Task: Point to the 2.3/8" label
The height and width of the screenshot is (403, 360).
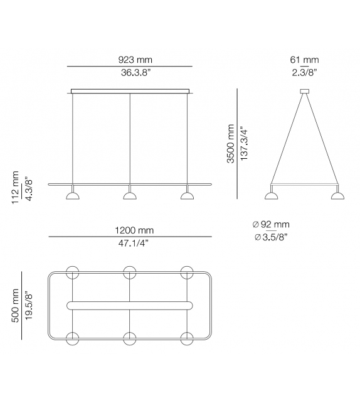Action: pos(305,73)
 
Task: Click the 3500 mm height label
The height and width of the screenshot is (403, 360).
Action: pos(231,144)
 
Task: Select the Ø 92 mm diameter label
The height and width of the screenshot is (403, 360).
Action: pos(271,225)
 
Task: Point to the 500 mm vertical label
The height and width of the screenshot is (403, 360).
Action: pos(14,306)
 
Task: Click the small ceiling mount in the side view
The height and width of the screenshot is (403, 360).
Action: pos(305,92)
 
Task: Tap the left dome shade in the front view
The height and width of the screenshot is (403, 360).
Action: pos(72,196)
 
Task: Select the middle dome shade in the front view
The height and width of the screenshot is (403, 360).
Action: pos(130,196)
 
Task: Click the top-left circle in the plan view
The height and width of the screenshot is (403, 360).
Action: pos(73,272)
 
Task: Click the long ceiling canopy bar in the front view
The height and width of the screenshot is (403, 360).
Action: pos(130,92)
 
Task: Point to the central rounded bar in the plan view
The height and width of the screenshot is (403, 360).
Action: pos(130,306)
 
